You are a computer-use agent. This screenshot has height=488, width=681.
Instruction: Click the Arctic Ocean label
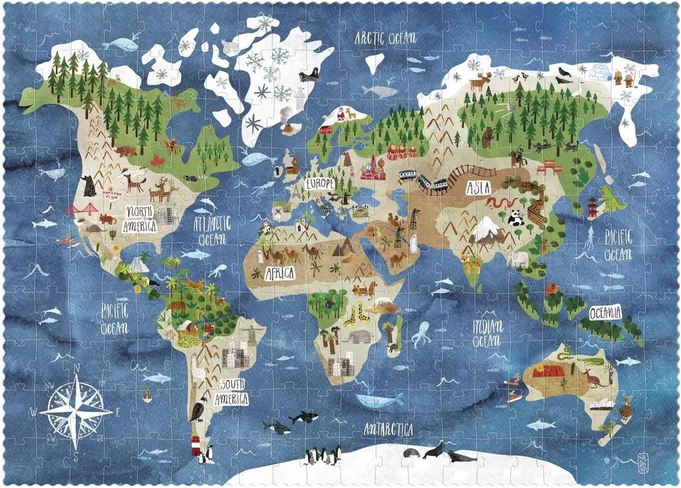click(385, 38)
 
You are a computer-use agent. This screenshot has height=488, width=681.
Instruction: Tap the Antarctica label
click(388, 430)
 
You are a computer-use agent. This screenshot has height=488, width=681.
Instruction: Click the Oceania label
click(606, 313)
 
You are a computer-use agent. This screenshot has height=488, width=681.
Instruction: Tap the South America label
click(231, 391)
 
